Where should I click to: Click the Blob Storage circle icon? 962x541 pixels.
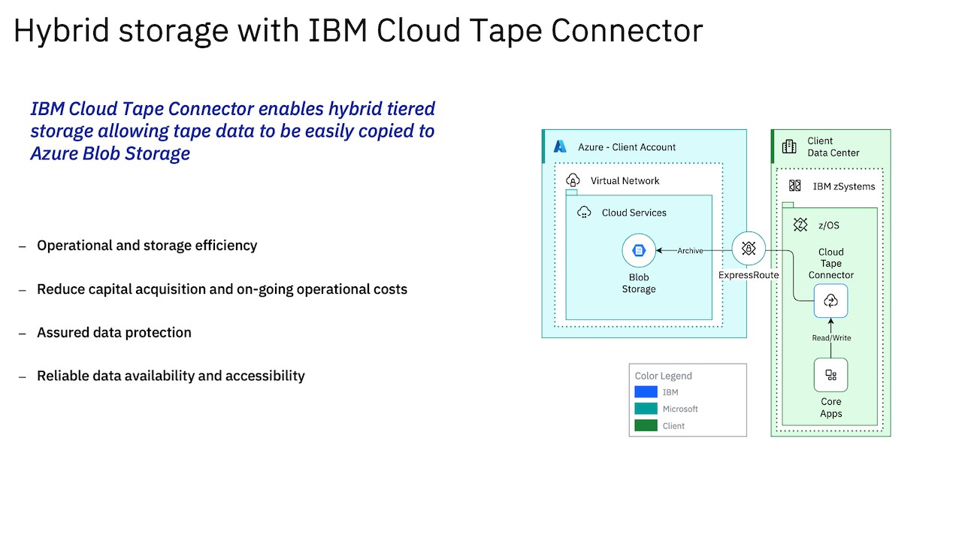click(639, 251)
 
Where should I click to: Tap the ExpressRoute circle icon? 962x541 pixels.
click(749, 249)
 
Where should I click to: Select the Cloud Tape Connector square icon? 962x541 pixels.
click(830, 301)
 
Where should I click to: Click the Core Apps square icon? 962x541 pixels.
click(830, 375)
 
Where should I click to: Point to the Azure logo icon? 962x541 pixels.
click(560, 147)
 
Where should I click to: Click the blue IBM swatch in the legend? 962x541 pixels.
click(646, 392)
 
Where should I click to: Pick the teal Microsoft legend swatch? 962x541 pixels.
click(646, 409)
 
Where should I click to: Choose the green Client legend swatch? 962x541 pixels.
click(646, 425)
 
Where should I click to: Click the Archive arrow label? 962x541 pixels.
click(690, 251)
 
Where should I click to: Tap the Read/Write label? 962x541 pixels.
click(831, 338)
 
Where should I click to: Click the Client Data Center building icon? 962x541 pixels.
click(789, 147)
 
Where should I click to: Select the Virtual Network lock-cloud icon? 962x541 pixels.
click(573, 181)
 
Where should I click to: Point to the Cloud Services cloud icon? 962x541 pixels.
click(584, 213)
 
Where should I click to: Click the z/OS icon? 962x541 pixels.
click(800, 225)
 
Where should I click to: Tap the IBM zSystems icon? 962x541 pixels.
click(794, 186)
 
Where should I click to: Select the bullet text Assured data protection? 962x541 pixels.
click(114, 332)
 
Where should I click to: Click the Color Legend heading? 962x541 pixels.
click(663, 376)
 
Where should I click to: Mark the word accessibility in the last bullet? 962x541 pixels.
click(265, 376)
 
